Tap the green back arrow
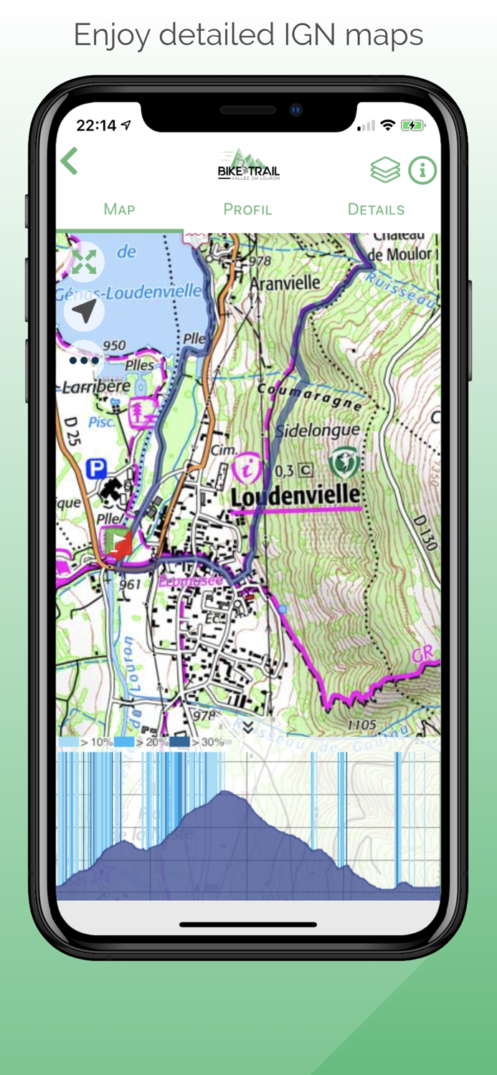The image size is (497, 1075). [70, 162]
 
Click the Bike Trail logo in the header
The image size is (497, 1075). [248, 166]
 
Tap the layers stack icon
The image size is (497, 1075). [385, 171]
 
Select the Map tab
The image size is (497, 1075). [119, 209]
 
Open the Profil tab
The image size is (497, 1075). [247, 209]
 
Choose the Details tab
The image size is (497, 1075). [376, 209]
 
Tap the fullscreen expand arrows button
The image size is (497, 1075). [84, 262]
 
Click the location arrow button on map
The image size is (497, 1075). [84, 312]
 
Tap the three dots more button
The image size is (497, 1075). [84, 360]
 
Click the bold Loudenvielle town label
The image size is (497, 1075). [295, 494]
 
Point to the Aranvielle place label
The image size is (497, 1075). [285, 283]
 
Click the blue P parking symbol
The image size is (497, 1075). [95, 469]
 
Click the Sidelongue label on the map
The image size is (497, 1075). [318, 430]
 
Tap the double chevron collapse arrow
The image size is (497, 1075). [248, 727]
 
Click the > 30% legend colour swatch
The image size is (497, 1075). [179, 742]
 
